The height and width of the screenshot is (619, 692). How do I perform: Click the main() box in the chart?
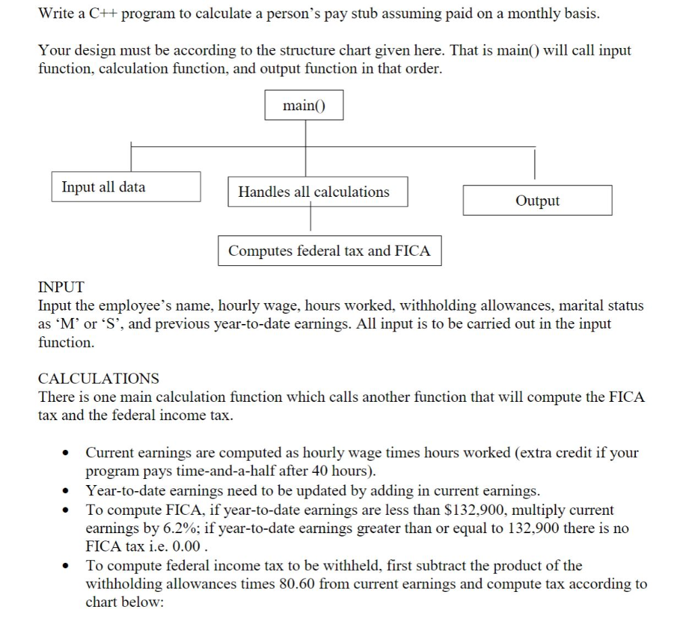coord(303,106)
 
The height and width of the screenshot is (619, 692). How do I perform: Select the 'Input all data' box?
coord(126,187)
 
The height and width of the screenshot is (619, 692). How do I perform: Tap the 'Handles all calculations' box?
coord(314,192)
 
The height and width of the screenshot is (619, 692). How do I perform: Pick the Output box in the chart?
coord(537,201)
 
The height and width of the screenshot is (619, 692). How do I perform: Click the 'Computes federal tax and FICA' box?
coord(329,251)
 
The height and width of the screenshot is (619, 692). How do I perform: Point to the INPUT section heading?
coord(61,288)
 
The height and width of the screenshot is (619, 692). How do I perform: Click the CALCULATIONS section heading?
coord(99,378)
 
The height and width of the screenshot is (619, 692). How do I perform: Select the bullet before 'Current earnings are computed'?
coord(65,453)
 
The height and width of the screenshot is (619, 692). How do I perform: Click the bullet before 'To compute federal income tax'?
coord(65,566)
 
